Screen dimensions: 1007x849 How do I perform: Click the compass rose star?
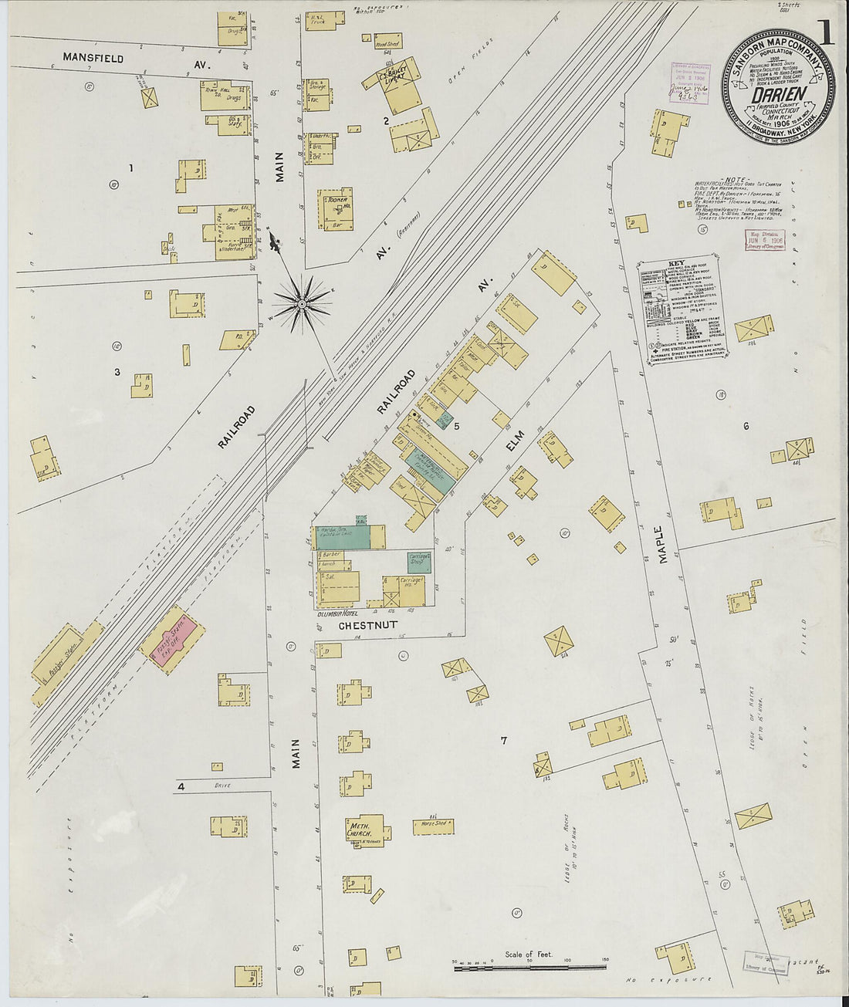coord(301,306)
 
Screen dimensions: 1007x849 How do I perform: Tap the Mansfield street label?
coord(93,58)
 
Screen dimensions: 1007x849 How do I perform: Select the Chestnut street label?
coord(368,626)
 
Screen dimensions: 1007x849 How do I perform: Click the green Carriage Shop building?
coord(419,562)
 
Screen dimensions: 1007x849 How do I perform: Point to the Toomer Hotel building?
coord(337,208)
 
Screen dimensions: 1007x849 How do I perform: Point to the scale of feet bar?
coord(532,965)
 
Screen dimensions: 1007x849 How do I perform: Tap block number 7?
coord(503,741)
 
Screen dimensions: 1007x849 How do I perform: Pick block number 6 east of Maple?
coord(746,426)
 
